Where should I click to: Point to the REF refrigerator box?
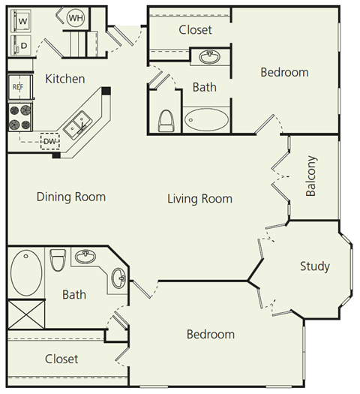(x=18, y=86)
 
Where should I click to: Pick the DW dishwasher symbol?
(x=49, y=141)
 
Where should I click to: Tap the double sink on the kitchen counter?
(x=77, y=125)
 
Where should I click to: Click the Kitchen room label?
(x=65, y=79)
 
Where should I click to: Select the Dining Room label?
(x=71, y=197)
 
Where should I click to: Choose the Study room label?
(x=314, y=266)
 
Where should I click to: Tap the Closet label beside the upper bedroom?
(x=195, y=30)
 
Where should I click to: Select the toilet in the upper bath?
(x=166, y=120)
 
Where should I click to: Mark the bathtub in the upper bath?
(x=206, y=120)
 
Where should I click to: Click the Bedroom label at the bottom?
(x=210, y=334)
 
